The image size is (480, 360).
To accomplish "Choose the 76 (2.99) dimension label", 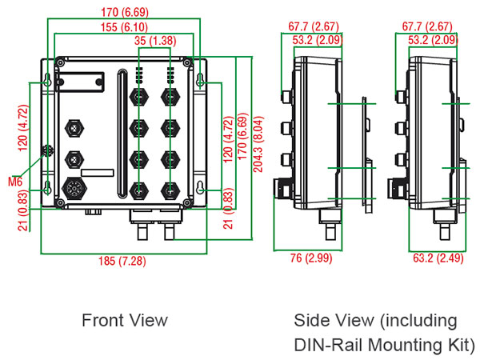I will point(306,258).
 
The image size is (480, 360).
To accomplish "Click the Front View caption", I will point(125,320).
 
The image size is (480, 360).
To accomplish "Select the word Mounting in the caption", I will point(404,346).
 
